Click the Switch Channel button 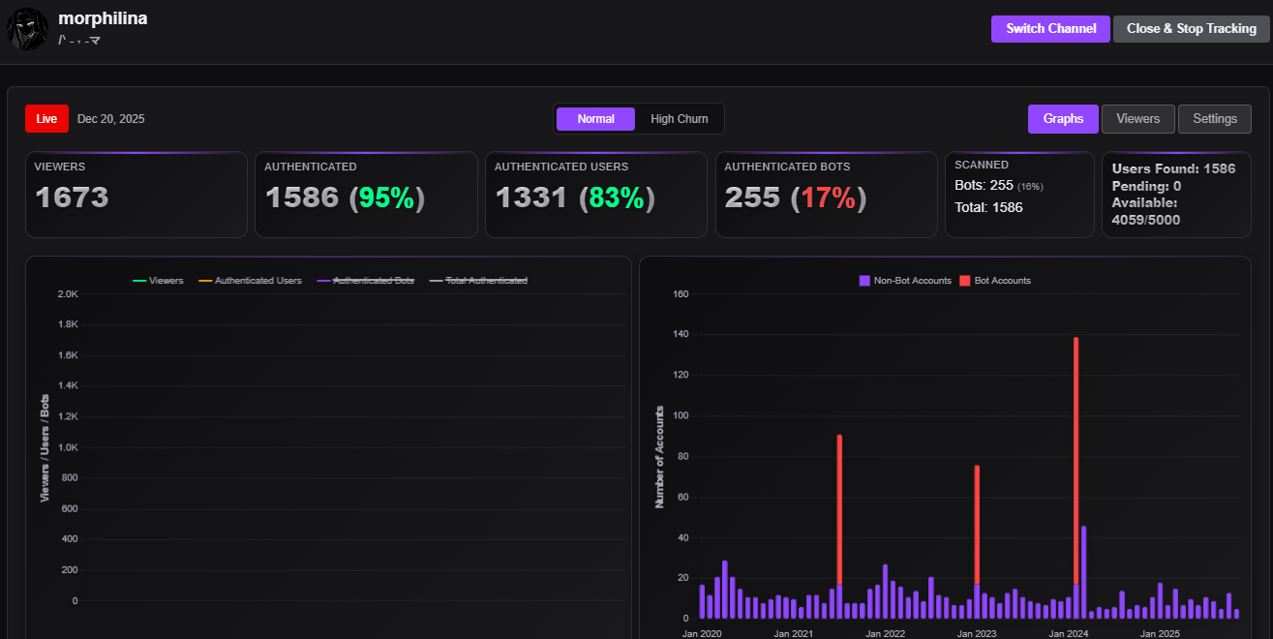(1050, 29)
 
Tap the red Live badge (46, 119)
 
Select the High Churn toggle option (679, 119)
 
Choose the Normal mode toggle (595, 119)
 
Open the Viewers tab (1137, 119)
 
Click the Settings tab (1214, 119)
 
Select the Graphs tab (1063, 119)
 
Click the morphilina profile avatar (27, 30)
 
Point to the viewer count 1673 (72, 198)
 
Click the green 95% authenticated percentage (386, 198)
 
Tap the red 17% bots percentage (828, 198)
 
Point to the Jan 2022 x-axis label (885, 633)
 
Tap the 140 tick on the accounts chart (680, 335)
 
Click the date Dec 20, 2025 (110, 119)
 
